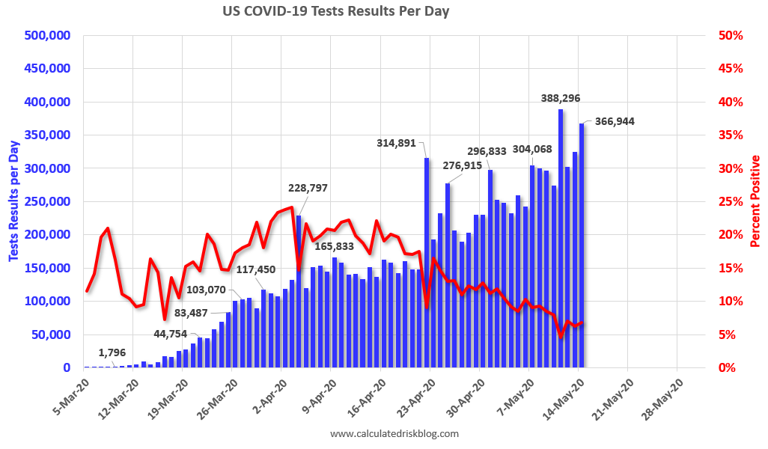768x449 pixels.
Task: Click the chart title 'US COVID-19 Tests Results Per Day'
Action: coord(335,12)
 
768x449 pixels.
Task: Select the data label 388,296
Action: coord(561,98)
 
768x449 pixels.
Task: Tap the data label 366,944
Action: coord(615,120)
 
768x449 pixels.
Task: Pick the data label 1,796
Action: coord(112,352)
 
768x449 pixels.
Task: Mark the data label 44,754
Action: coord(171,334)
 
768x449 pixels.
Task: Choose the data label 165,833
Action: coord(335,245)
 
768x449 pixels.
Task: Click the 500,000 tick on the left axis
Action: coord(47,35)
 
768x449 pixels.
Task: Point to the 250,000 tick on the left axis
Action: coord(47,201)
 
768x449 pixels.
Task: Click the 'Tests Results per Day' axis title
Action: coord(13,201)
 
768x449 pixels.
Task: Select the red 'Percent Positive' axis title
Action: coord(755,201)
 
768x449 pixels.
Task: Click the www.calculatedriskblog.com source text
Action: coord(394,433)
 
